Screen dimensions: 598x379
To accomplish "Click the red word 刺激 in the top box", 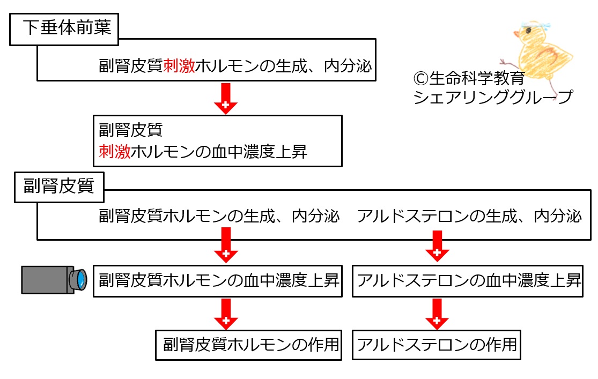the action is click(179, 65).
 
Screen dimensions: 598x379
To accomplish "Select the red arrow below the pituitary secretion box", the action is click(226, 99).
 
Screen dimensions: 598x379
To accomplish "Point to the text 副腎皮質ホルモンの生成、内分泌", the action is click(219, 216).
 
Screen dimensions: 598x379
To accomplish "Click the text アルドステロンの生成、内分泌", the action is click(469, 216).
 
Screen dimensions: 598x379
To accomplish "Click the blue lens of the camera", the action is click(80, 280).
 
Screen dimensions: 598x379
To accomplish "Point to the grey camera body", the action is click(47, 280).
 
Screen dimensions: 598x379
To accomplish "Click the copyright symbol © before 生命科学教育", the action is click(420, 79).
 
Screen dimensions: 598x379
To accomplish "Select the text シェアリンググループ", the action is click(493, 97).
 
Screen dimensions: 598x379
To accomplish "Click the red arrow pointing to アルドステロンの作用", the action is click(437, 314).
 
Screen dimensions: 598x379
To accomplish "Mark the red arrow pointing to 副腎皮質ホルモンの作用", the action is click(226, 314).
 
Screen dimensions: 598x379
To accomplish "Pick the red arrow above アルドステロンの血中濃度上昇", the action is click(437, 246).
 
